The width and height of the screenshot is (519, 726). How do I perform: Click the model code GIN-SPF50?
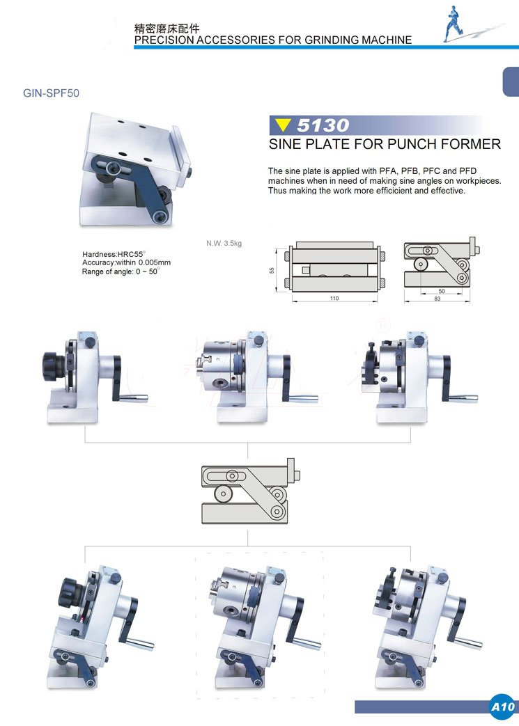coord(51,93)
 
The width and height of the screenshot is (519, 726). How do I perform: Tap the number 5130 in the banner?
coord(323,125)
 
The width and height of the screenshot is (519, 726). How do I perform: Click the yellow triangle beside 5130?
coord(282,125)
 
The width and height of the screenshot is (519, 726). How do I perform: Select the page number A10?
coord(503,707)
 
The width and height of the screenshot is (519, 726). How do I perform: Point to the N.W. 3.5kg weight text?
coord(224,243)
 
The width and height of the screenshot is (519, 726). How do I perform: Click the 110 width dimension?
coord(334,298)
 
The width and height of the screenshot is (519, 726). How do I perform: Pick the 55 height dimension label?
coord(272,270)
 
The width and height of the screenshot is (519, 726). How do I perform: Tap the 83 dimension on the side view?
coord(437,299)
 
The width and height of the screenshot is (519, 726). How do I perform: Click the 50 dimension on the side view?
coord(442,291)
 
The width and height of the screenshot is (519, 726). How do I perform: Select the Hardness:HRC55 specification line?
coord(114,254)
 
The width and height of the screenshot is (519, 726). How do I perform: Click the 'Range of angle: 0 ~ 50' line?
coord(121,271)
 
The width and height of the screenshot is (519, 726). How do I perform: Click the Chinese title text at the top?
coord(166,29)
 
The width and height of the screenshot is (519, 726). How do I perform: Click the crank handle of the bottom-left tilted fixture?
coord(135,624)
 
